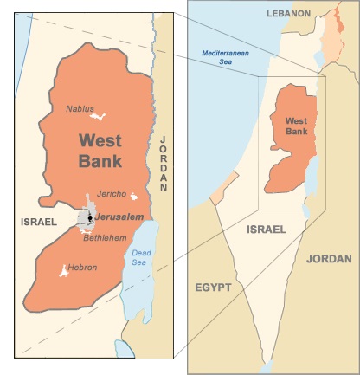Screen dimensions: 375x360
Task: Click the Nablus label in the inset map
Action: pyautogui.click(x=80, y=108)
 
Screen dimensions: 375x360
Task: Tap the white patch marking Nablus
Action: pyautogui.click(x=100, y=116)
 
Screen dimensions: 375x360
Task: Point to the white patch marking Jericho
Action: pyautogui.click(x=132, y=197)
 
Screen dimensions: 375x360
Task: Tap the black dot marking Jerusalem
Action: pyautogui.click(x=90, y=217)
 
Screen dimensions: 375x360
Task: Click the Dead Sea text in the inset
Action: pyautogui.click(x=141, y=257)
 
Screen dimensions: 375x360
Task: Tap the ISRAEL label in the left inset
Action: pyautogui.click(x=38, y=223)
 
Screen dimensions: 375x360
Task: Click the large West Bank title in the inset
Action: pyautogui.click(x=100, y=151)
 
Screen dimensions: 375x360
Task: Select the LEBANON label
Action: pyautogui.click(x=288, y=14)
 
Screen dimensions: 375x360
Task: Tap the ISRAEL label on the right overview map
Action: pyautogui.click(x=266, y=230)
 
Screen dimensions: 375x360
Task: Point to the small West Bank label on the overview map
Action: pyautogui.click(x=296, y=126)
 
